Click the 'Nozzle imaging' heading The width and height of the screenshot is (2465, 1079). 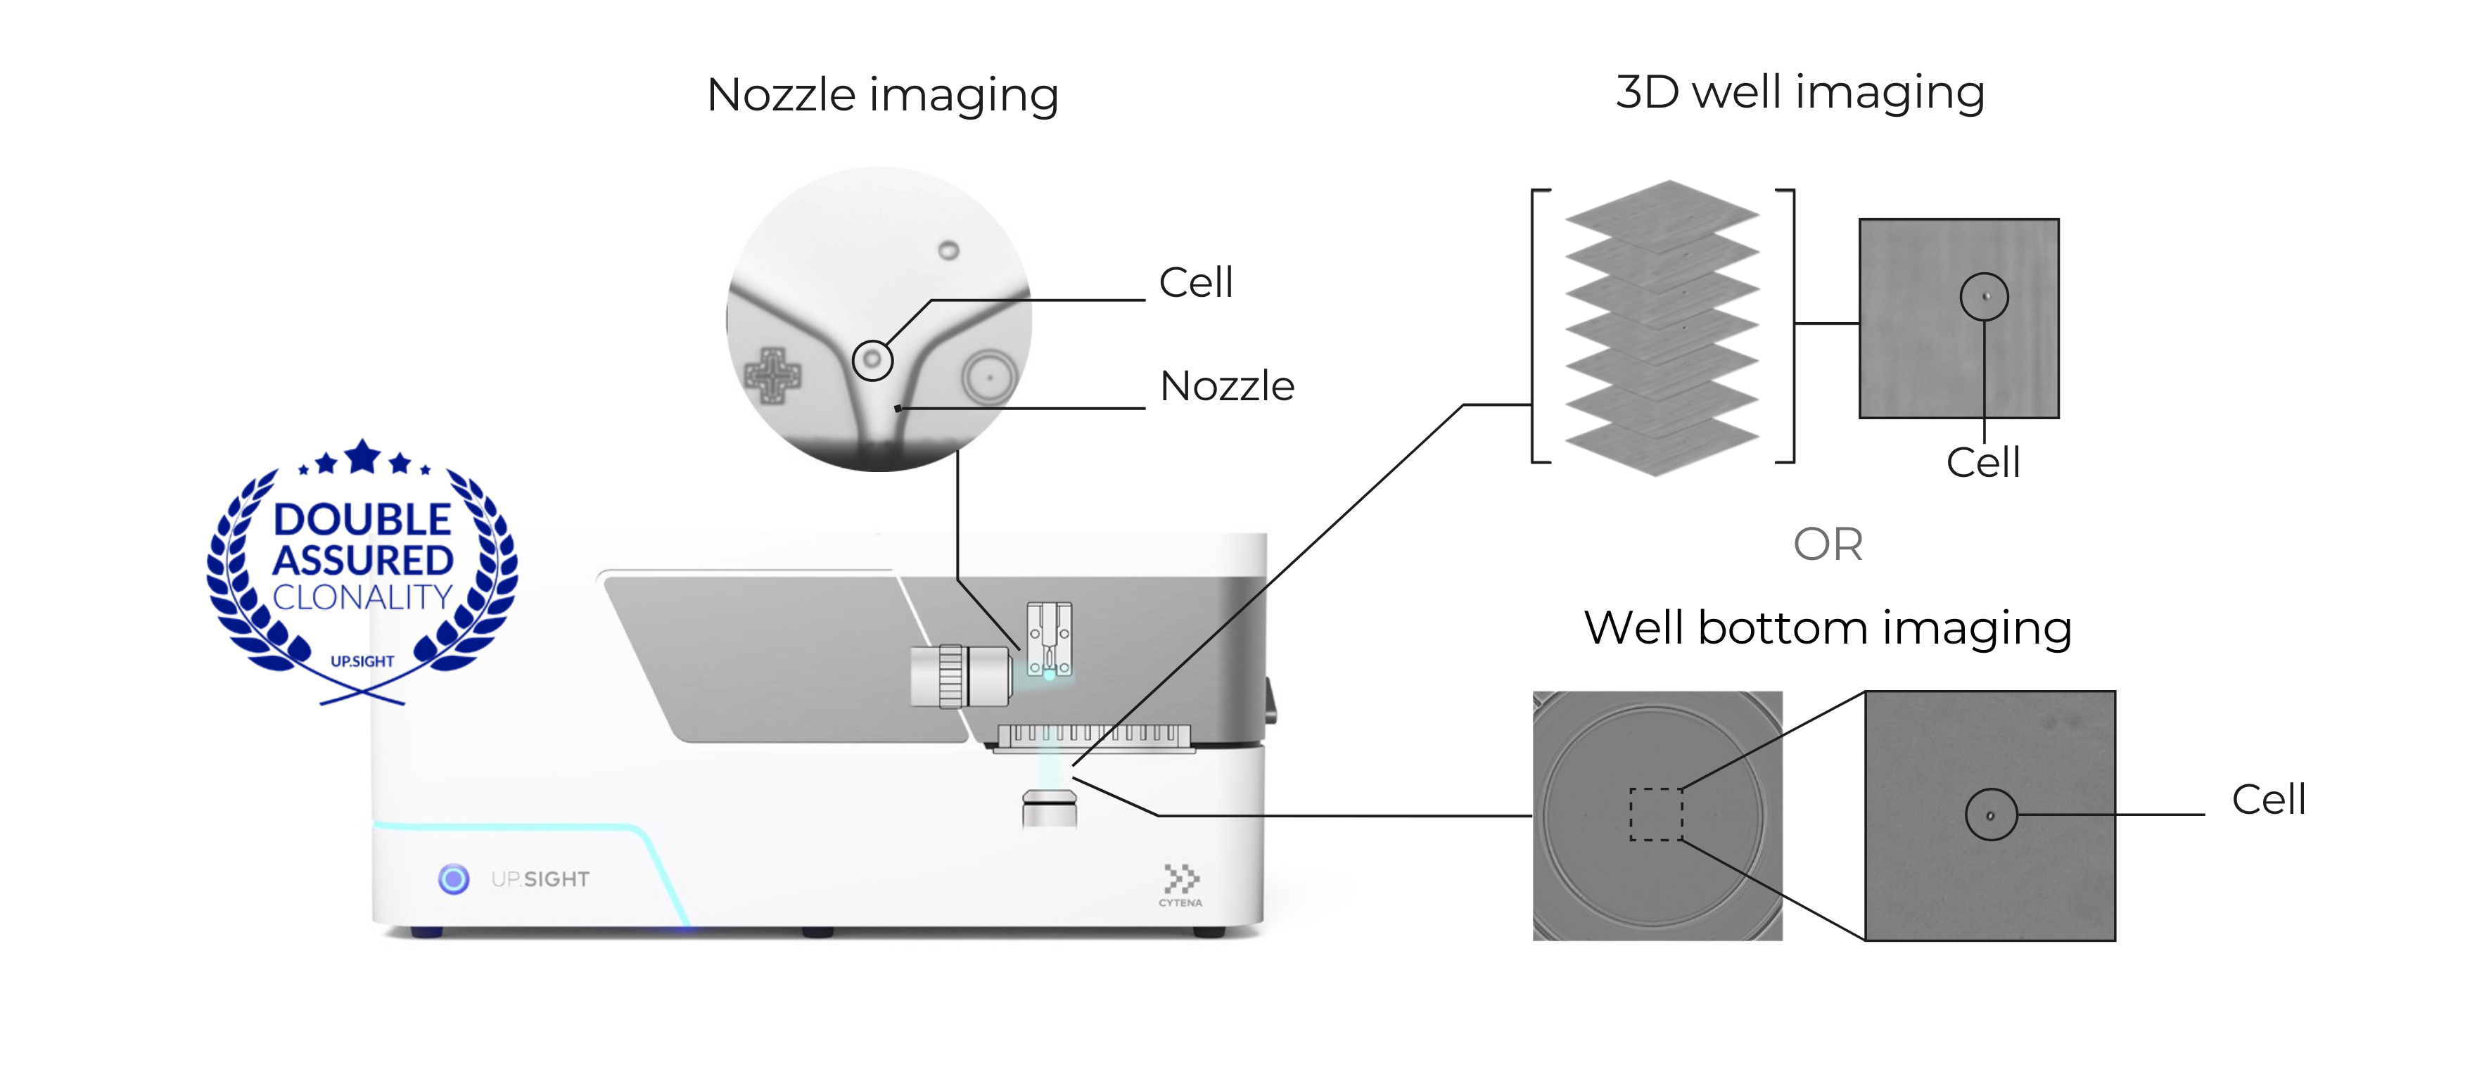pyautogui.click(x=881, y=95)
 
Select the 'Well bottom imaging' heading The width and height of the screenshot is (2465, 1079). pyautogui.click(x=1827, y=628)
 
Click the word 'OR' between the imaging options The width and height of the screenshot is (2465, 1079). pyautogui.click(x=1827, y=544)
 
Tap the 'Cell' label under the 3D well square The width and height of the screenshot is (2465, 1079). pyautogui.click(x=1982, y=463)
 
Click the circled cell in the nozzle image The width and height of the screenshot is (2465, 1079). pyautogui.click(x=872, y=361)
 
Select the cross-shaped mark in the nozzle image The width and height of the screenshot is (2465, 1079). pyautogui.click(x=773, y=375)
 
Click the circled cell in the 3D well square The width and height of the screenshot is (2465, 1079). pyautogui.click(x=1984, y=297)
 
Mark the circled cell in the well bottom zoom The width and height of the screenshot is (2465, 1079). pyautogui.click(x=1990, y=815)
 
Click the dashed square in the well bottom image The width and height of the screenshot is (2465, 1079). pyautogui.click(x=1655, y=814)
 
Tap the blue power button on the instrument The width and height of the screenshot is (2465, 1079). pyautogui.click(x=454, y=878)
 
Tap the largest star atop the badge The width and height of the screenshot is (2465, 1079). pyautogui.click(x=363, y=457)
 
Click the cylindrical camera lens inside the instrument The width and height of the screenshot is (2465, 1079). pyautogui.click(x=961, y=675)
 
